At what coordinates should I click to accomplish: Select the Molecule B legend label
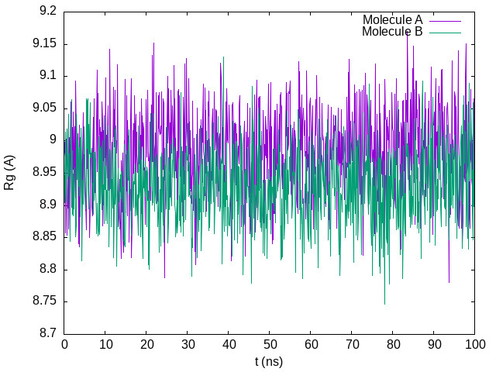tap(392, 32)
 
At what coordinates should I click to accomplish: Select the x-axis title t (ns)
tap(268, 361)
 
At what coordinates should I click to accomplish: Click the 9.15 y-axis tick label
tap(43, 44)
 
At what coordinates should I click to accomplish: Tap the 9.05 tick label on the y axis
tap(43, 108)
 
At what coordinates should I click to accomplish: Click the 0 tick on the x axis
tap(64, 344)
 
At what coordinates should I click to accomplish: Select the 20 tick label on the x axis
tap(146, 344)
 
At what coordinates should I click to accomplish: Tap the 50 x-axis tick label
tap(269, 344)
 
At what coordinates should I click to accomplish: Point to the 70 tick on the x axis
tap(351, 344)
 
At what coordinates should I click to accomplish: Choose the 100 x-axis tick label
tap(474, 344)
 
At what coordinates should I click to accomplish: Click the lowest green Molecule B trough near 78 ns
tap(384, 304)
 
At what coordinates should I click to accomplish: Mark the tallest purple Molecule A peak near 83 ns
tap(407, 33)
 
